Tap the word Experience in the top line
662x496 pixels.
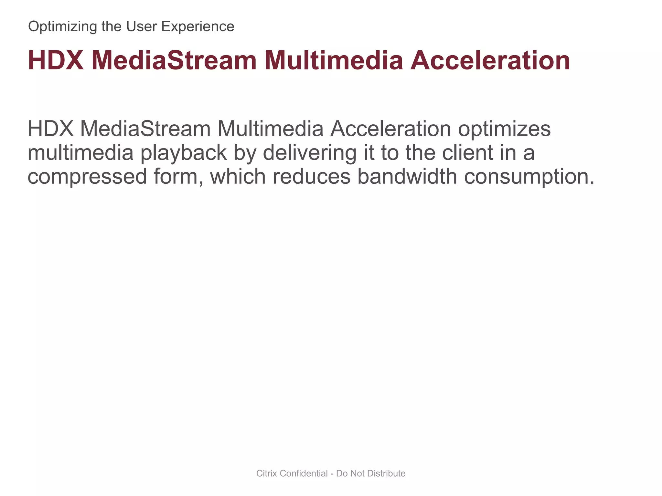tap(198, 26)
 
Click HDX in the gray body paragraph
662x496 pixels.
tap(51, 129)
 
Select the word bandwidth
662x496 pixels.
tap(407, 176)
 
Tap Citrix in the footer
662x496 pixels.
tap(266, 473)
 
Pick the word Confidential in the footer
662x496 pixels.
tap(304, 473)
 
